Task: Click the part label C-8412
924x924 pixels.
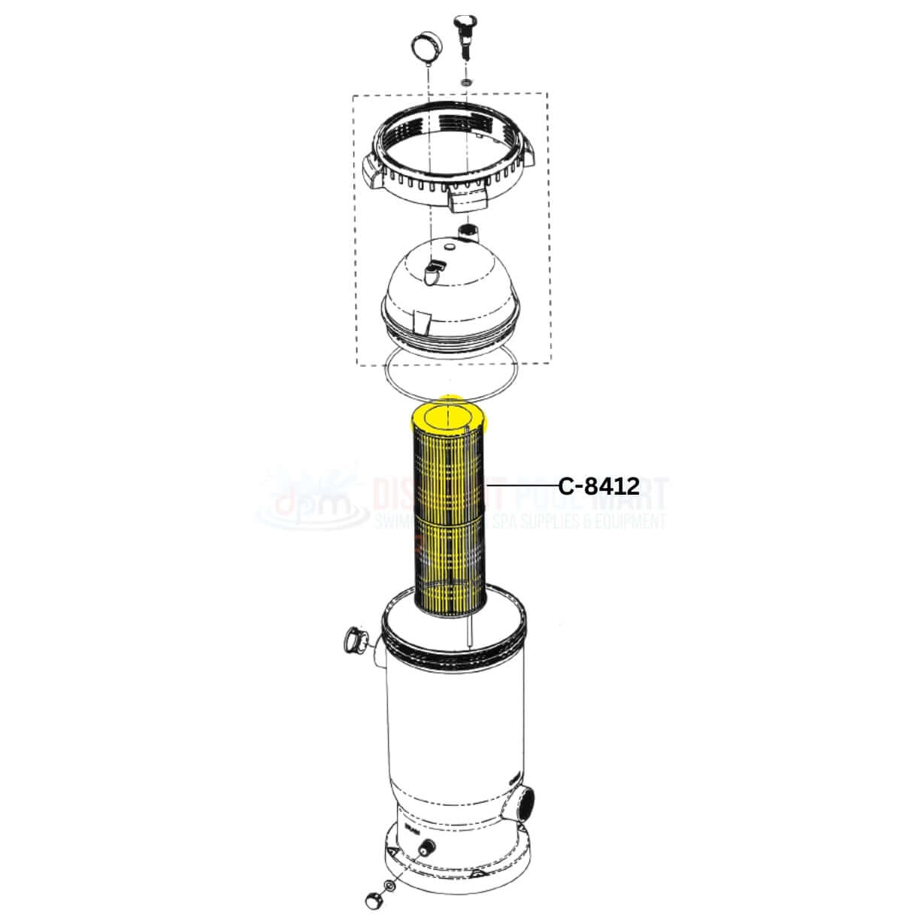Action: click(x=599, y=486)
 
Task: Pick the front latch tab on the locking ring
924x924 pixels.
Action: click(x=467, y=199)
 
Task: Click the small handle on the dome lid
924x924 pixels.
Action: click(x=434, y=271)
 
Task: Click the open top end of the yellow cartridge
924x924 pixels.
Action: click(x=447, y=416)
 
